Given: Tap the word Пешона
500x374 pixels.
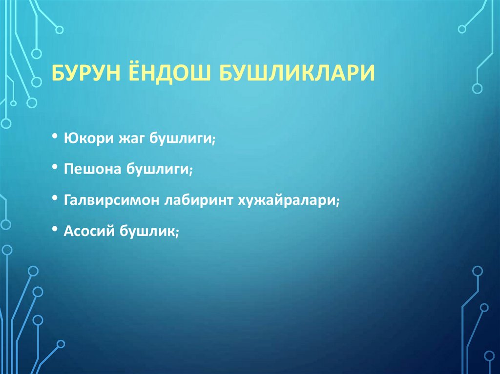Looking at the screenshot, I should [93, 170].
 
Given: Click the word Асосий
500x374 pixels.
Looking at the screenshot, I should [86, 231].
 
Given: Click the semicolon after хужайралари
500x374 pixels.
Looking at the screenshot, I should [337, 202].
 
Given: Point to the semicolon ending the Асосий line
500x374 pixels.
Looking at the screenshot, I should [178, 233].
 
